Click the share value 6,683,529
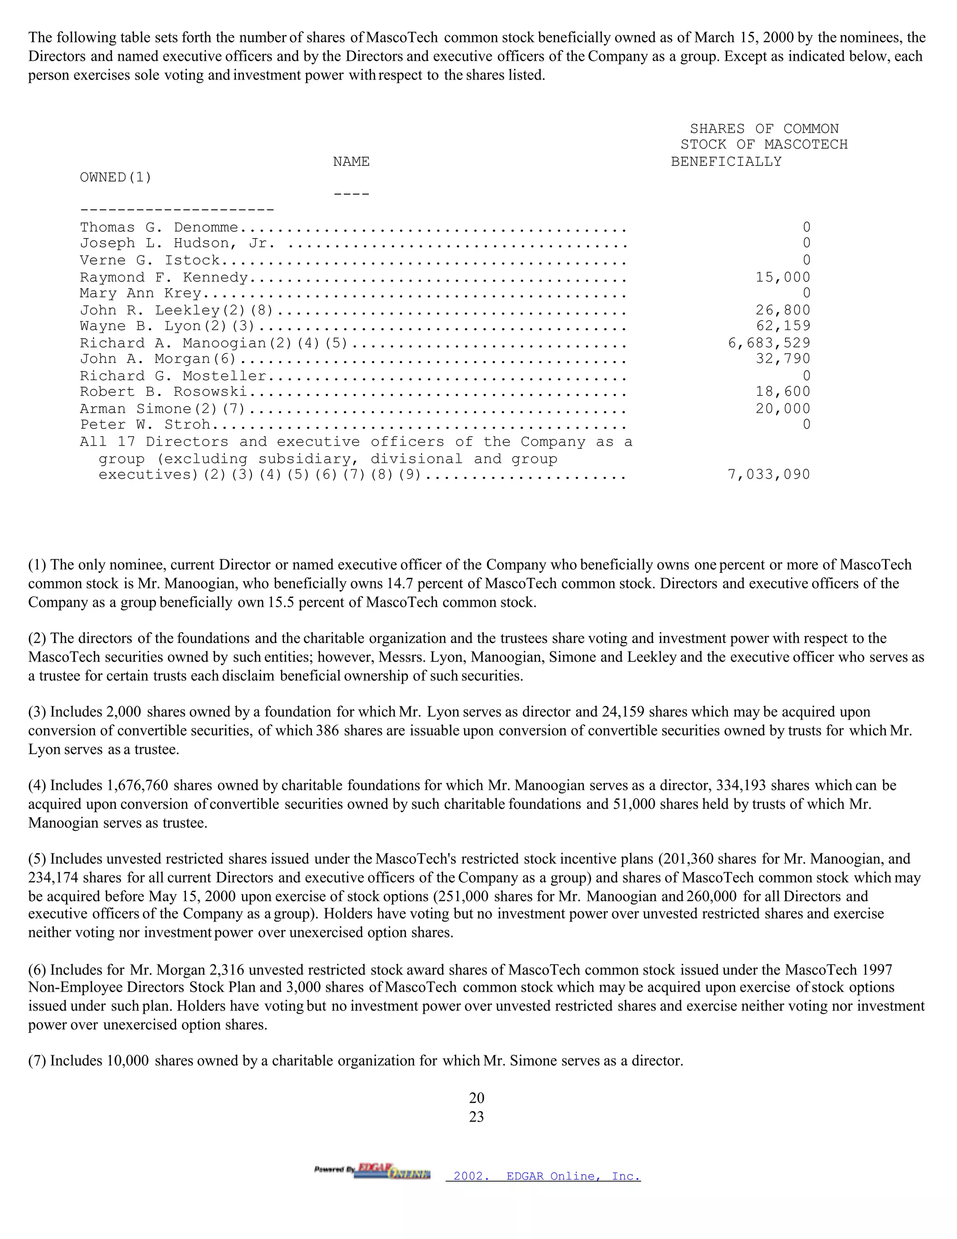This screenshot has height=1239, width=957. pyautogui.click(x=769, y=343)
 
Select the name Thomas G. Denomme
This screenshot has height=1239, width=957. pyautogui.click(x=159, y=228)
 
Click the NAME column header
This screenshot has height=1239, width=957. pyautogui.click(x=351, y=162)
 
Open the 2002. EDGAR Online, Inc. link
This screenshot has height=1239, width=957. pyautogui.click(x=543, y=1176)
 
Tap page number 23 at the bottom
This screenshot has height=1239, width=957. pyautogui.click(x=476, y=1117)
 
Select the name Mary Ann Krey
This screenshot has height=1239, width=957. pyautogui.click(x=140, y=293)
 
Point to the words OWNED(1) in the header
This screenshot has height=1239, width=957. pyautogui.click(x=116, y=178)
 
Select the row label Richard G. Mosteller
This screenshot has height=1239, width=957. pyautogui.click(x=173, y=376)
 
